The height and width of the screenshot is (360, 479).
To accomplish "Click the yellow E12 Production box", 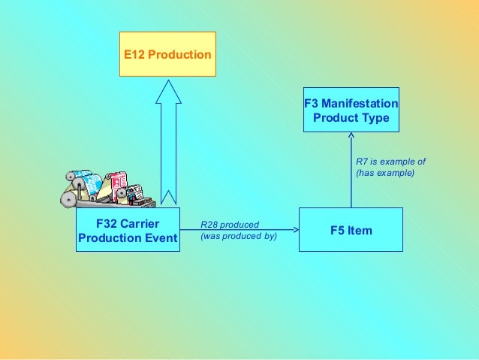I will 167,54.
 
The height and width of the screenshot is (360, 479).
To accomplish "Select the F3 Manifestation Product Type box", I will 351,110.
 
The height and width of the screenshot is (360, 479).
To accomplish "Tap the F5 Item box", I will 351,230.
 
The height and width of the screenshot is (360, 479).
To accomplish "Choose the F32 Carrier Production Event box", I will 128,231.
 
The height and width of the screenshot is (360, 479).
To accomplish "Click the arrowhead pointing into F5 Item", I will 294,230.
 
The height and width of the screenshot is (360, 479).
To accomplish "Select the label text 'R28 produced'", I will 230,224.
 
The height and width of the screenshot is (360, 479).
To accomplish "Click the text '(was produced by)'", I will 239,236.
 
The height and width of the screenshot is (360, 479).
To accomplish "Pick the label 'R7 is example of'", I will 390,162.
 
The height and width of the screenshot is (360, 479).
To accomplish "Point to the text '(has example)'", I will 384,174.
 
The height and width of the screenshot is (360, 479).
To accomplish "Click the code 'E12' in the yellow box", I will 135,55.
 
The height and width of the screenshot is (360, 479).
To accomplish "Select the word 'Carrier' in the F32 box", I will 140,224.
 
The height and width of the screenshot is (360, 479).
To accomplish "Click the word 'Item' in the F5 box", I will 360,230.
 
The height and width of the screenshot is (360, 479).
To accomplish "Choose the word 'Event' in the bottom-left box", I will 161,238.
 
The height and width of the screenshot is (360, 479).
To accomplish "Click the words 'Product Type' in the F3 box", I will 351,118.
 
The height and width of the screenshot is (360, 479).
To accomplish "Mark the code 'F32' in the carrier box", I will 107,224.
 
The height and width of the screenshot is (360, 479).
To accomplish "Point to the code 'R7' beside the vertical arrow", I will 361,162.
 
